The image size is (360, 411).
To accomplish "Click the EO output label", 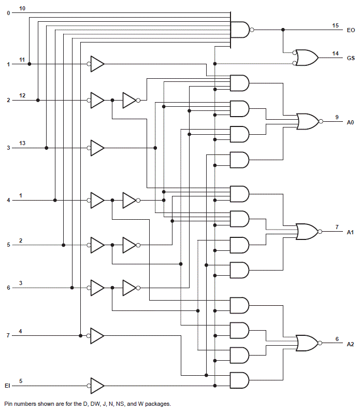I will click(351, 31).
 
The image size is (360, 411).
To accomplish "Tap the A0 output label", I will click(351, 122).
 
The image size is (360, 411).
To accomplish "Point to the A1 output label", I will click(351, 232).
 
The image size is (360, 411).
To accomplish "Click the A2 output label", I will click(351, 344).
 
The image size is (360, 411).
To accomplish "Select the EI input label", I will click(7, 386).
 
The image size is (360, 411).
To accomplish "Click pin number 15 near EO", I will click(336, 25).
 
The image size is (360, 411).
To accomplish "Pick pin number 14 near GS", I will click(336, 53).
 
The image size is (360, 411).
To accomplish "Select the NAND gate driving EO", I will click(240, 30).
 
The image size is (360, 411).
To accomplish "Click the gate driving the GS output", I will click(307, 58).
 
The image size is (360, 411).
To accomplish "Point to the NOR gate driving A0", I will click(309, 121).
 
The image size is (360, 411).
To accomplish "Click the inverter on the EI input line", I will click(97, 386).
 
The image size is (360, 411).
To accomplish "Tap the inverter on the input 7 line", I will click(97, 335).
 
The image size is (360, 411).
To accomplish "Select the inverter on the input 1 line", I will click(97, 64).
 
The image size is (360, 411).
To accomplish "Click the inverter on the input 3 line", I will click(97, 148).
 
